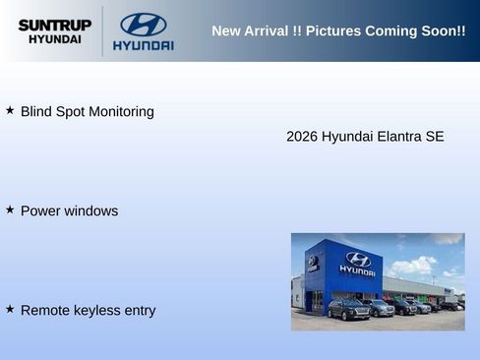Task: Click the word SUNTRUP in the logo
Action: pos(54,25)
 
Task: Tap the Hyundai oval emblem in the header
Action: pos(143,25)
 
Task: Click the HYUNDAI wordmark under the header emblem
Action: pos(143,45)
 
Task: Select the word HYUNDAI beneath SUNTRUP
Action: pos(55,39)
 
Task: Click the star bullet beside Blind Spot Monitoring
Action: pos(10,110)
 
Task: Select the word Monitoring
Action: pos(121,112)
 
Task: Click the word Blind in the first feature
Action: pos(36,112)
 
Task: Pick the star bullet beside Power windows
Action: pos(10,210)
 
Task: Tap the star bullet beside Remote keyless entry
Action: pos(10,309)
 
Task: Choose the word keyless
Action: pos(93,311)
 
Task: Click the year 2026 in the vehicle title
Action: pos(302,137)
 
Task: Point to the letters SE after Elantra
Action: pos(435,137)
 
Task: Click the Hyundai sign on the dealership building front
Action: pos(357,263)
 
